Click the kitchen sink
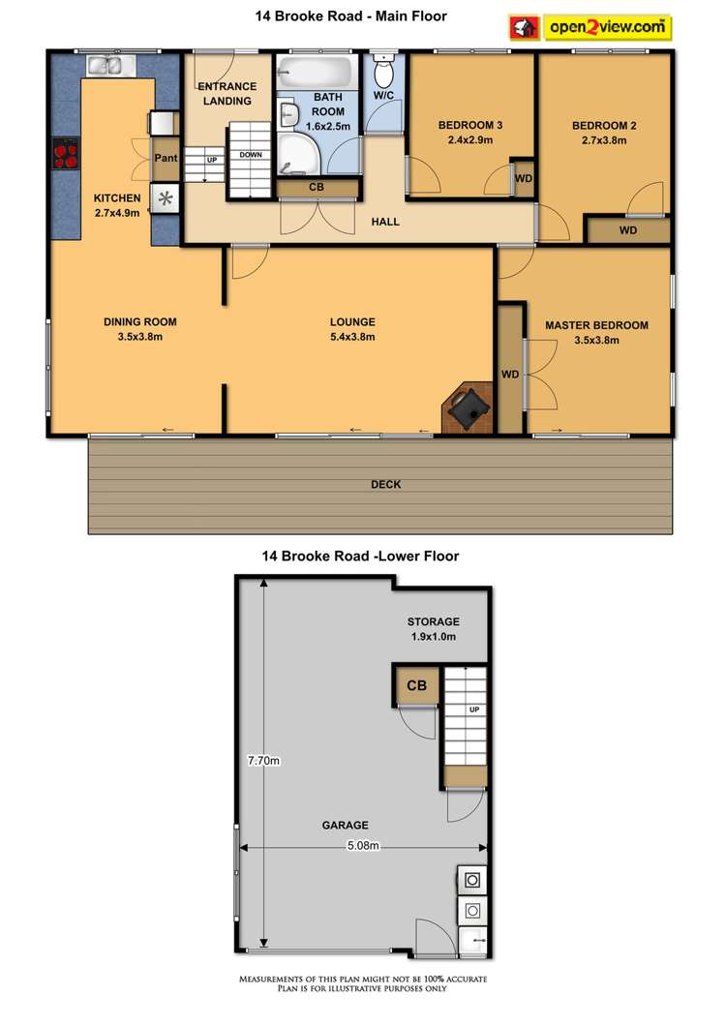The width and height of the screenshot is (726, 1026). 106,66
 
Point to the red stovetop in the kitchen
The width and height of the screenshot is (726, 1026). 66,155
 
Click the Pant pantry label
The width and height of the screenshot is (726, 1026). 166,159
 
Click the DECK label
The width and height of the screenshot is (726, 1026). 385,484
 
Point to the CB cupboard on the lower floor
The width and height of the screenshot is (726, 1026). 416,686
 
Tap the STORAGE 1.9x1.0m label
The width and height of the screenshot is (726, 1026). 434,628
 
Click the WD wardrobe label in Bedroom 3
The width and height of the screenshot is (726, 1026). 524,179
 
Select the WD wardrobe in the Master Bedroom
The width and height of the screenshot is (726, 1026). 508,374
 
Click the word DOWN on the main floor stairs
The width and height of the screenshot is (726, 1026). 250,155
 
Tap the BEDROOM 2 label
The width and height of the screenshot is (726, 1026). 599,133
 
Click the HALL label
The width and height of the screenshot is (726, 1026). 385,222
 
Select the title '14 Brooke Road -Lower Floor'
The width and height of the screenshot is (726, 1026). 360,556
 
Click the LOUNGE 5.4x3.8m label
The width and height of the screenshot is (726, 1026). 352,329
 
